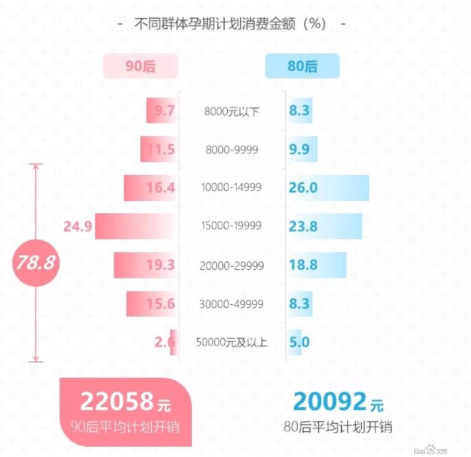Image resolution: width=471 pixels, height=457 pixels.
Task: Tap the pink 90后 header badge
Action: tap(141, 66)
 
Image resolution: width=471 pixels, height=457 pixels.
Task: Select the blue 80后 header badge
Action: tap(302, 66)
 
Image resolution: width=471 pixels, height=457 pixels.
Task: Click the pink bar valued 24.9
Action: tap(136, 227)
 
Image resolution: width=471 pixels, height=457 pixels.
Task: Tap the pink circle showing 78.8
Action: tap(36, 263)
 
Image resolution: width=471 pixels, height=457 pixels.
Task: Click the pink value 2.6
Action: tap(165, 342)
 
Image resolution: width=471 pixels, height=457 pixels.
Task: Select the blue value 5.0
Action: tap(299, 342)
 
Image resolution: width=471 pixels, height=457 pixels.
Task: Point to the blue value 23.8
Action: tap(303, 227)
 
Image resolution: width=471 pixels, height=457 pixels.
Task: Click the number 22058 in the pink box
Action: tap(117, 401)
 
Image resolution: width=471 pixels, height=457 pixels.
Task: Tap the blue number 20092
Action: tap(330, 401)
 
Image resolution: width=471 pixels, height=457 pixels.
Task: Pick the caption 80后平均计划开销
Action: tap(337, 427)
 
